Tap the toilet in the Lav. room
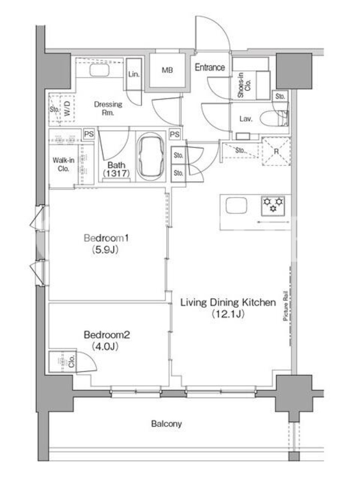point(274,118)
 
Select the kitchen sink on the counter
point(236,205)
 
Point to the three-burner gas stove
point(273,205)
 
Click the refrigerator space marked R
point(276,151)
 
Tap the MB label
point(167,70)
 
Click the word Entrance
point(210,67)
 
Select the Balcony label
point(167,424)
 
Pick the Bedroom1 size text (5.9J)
point(105,250)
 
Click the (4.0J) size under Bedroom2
point(105,346)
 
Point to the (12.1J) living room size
point(229,314)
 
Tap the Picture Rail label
point(286,305)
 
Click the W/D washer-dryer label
point(68,109)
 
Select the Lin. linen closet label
point(134,74)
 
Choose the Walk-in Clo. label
point(64,164)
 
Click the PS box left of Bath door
point(89,134)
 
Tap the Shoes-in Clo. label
point(244,85)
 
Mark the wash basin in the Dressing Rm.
point(99,70)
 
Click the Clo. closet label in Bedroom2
point(71,362)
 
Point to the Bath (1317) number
point(116,173)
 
